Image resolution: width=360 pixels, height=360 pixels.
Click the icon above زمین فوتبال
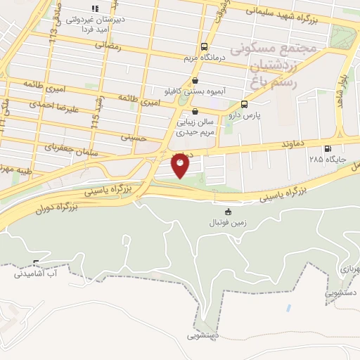click(x=227, y=212)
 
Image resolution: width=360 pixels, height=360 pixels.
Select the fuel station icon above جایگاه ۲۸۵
click(x=327, y=148)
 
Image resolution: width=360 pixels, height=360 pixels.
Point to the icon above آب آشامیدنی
click(x=36, y=264)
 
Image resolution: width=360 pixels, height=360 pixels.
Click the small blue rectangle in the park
click(x=288, y=308)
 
